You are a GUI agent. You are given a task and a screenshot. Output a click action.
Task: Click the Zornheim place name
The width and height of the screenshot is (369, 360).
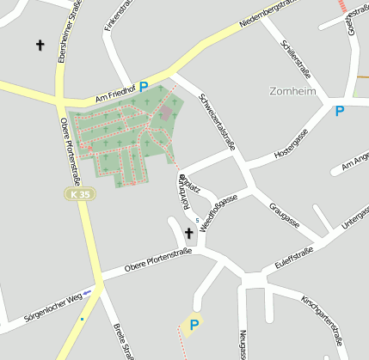click(292, 91)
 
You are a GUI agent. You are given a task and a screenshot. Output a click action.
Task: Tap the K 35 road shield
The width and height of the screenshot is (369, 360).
click(81, 195)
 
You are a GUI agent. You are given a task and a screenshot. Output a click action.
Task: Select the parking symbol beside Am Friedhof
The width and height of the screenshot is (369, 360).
click(144, 87)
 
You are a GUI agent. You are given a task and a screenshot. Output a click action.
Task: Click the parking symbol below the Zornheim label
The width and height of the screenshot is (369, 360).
click(340, 111)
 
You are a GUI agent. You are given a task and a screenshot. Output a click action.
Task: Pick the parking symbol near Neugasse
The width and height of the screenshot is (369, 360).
click(194, 325)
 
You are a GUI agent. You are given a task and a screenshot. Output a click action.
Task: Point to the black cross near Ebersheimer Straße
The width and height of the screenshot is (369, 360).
click(40, 44)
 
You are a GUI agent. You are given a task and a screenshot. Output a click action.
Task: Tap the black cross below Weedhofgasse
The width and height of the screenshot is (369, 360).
click(188, 233)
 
